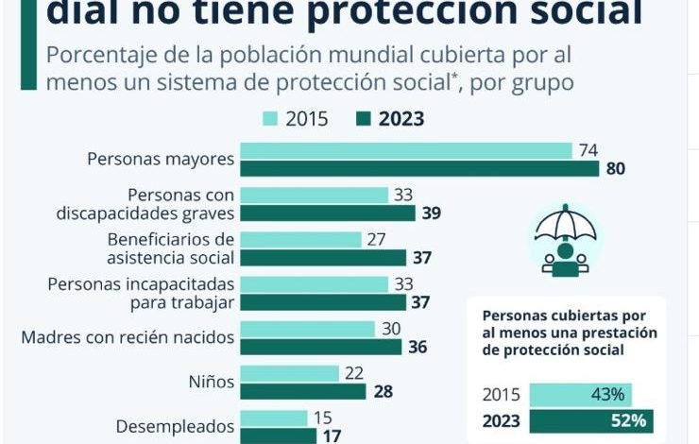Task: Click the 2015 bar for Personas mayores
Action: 406,150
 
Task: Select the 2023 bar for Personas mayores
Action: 420,168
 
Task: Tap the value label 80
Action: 615,168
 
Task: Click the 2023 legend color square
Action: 364,119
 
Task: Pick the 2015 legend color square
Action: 270,119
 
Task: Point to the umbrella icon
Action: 566,240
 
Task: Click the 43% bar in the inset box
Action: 580,395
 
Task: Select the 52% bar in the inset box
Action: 591,420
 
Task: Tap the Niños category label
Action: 212,382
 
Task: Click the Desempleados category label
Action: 175,427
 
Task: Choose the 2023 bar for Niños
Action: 303,391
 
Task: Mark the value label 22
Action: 354,373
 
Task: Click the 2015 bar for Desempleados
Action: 274,418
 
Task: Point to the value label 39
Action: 432,213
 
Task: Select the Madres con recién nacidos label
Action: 128,337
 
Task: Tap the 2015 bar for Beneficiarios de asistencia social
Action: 301,240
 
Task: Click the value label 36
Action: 418,347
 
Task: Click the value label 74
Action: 588,150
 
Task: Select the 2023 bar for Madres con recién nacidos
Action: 321,347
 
